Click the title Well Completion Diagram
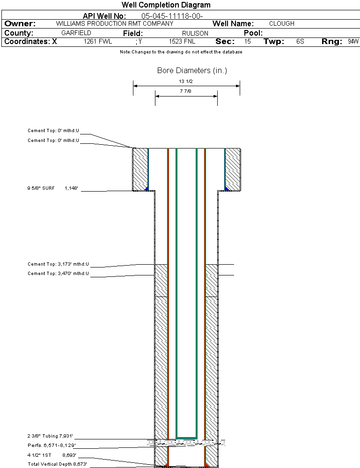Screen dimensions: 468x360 pos(166,5)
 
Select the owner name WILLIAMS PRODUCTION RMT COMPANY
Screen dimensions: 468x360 pos(114,23)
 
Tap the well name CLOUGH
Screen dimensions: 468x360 pos(282,23)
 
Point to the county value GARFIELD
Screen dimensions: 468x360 pos(76,33)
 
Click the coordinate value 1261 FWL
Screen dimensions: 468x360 pos(98,42)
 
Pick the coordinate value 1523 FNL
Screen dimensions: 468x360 pos(182,42)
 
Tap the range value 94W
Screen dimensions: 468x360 pos(353,42)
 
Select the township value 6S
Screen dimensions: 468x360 pos(300,42)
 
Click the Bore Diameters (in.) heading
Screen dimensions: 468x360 pos(192,71)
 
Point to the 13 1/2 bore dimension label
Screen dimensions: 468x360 pos(186,81)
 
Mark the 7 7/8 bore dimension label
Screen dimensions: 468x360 pos(186,91)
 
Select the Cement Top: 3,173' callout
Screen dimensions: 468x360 pos(58,264)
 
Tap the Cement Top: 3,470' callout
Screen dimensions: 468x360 pos(58,273)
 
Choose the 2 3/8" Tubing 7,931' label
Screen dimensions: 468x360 pos(50,436)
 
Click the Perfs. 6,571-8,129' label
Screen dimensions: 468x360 pos(51,445)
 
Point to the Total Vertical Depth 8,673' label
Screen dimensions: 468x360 pos(57,464)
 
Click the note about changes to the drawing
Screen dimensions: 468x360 pos(181,52)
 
